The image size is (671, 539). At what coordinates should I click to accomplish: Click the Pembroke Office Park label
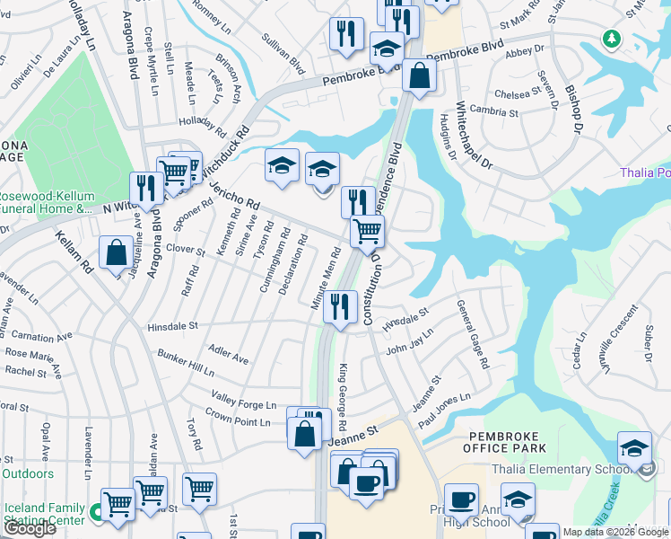pyautogui.click(x=510, y=441)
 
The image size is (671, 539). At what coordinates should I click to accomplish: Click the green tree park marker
pyautogui.click(x=612, y=39)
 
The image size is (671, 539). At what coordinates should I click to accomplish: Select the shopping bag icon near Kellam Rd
pyautogui.click(x=117, y=252)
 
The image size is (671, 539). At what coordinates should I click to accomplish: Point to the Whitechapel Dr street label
pyautogui.click(x=475, y=136)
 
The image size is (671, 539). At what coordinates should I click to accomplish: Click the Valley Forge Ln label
pyautogui.click(x=243, y=401)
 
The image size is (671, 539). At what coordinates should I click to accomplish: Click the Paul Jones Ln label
pyautogui.click(x=443, y=410)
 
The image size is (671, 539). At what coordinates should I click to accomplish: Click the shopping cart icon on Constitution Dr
pyautogui.click(x=367, y=231)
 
